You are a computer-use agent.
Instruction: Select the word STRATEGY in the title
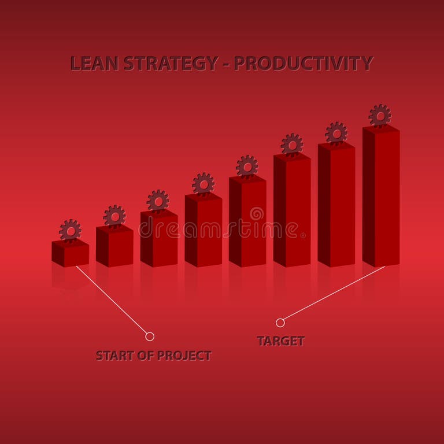[171, 63]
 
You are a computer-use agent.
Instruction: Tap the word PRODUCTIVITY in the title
[304, 63]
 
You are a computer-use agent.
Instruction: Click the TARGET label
[280, 341]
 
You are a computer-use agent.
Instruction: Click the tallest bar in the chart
[381, 197]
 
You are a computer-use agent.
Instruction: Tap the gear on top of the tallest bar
[380, 116]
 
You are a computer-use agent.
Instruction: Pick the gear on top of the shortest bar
[70, 231]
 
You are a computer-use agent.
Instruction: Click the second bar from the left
[114, 246]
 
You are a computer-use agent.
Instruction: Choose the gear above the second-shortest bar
[114, 216]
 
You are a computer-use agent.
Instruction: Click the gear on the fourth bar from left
[203, 184]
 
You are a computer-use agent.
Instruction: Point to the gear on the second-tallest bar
[336, 133]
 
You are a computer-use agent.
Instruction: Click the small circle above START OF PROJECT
[150, 336]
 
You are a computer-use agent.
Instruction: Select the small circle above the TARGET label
[280, 323]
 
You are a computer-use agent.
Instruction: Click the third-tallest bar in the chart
[292, 210]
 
